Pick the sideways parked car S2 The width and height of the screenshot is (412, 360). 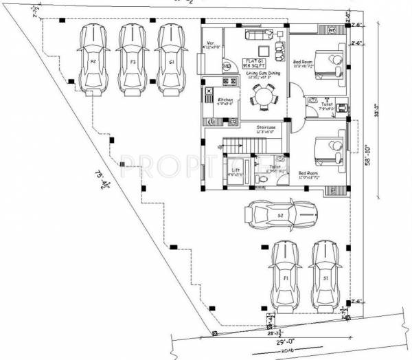282,215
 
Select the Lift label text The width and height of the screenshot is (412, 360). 236,169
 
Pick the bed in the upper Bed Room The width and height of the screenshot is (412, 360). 326,63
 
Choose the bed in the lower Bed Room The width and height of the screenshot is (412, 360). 326,150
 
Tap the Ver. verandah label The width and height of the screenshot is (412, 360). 211,44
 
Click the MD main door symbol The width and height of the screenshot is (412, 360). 227,66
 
